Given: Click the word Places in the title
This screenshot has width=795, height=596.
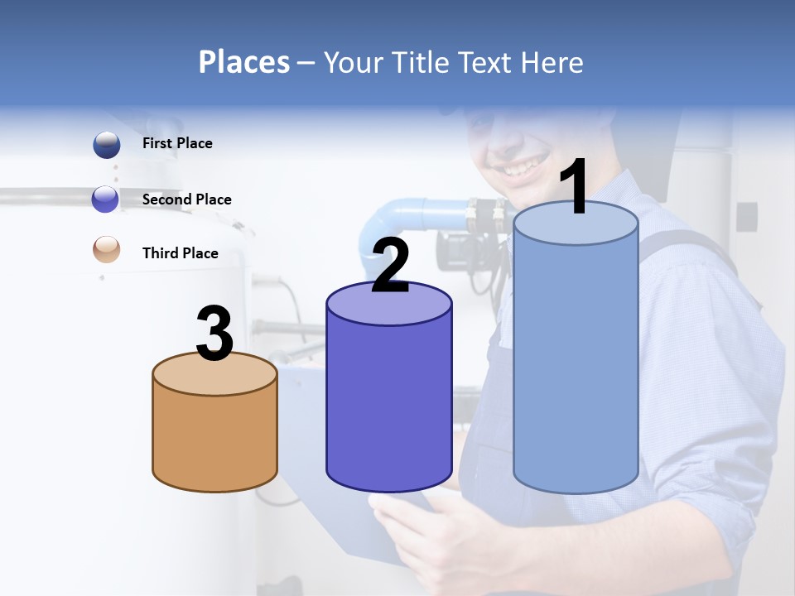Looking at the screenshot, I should [244, 62].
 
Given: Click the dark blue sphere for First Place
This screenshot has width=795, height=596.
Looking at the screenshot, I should [106, 145].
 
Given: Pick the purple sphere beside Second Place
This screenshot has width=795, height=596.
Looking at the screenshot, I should [106, 199].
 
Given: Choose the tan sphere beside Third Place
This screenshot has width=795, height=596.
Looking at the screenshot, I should [106, 249].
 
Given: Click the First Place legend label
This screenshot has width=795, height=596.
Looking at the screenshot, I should [177, 143].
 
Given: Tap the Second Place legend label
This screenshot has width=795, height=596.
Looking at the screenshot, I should [186, 199].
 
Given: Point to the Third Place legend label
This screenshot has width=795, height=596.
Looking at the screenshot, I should [180, 253].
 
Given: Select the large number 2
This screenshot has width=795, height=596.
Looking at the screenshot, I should [390, 265].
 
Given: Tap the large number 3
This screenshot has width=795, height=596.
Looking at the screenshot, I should [215, 334].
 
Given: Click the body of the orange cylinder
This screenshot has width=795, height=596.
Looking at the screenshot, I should [215, 439].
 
